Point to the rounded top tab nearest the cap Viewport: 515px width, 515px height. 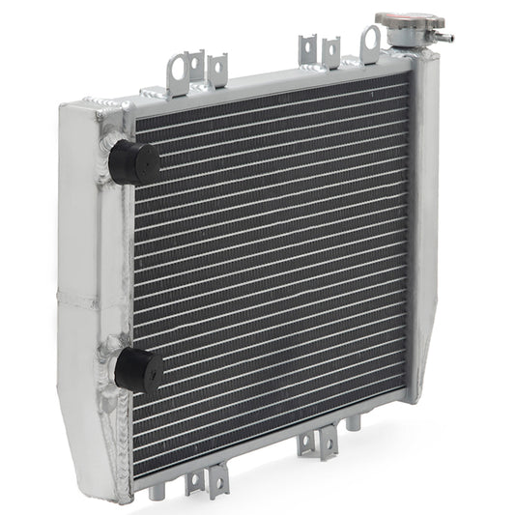pyautogui.click(x=370, y=43)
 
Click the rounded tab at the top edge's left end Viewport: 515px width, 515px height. pyautogui.click(x=178, y=68)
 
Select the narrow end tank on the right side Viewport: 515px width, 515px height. pyautogui.click(x=425, y=222)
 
